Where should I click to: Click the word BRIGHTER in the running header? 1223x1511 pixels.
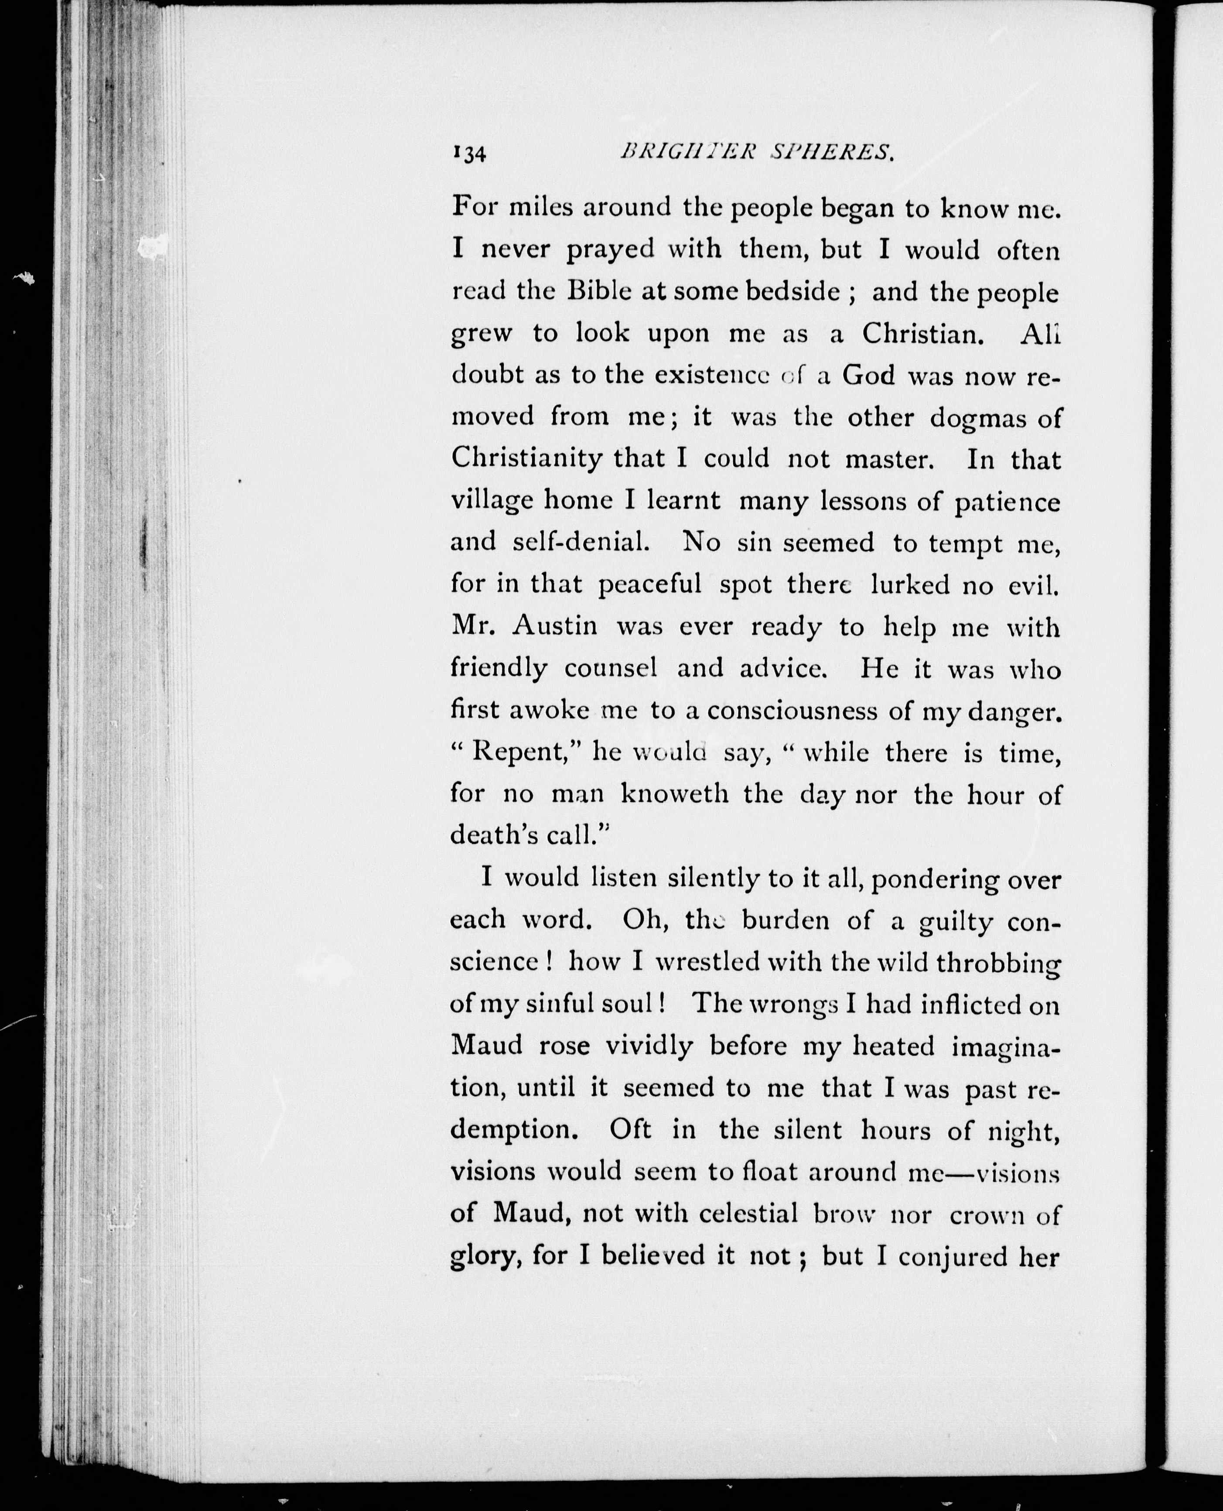(678, 151)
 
